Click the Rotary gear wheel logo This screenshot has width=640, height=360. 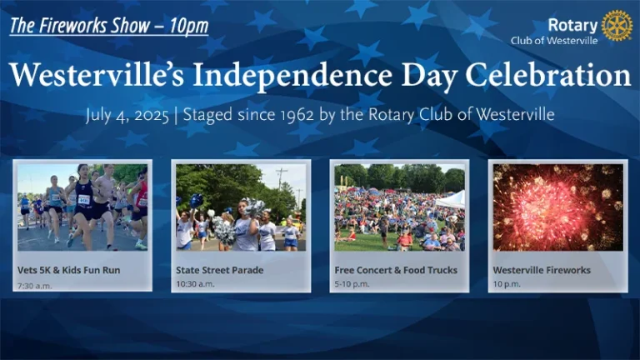coord(617,25)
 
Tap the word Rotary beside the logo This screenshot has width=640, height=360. coord(572,25)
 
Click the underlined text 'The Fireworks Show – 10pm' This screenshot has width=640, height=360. coord(109,26)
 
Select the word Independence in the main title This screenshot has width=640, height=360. coord(292,76)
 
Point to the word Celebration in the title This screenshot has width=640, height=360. coord(548,75)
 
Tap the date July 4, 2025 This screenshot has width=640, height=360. coord(127,115)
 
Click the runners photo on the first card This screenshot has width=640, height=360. coord(82,207)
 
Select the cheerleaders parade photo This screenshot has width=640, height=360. coord(241,207)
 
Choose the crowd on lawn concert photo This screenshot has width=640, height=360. coord(400,207)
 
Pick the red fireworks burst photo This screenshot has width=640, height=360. coord(558,207)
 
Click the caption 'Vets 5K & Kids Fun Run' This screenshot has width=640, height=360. coord(69,270)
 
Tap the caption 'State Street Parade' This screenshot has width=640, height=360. coord(220,270)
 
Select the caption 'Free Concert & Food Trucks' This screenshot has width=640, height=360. coord(396,270)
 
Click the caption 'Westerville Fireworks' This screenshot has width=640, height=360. coord(542,270)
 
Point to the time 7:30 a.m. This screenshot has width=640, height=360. coord(35,286)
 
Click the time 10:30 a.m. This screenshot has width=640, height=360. coord(195,283)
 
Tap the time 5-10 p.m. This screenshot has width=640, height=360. coord(352,283)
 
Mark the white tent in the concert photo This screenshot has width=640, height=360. coord(451,200)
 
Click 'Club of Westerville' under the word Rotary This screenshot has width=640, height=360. coord(554,40)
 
